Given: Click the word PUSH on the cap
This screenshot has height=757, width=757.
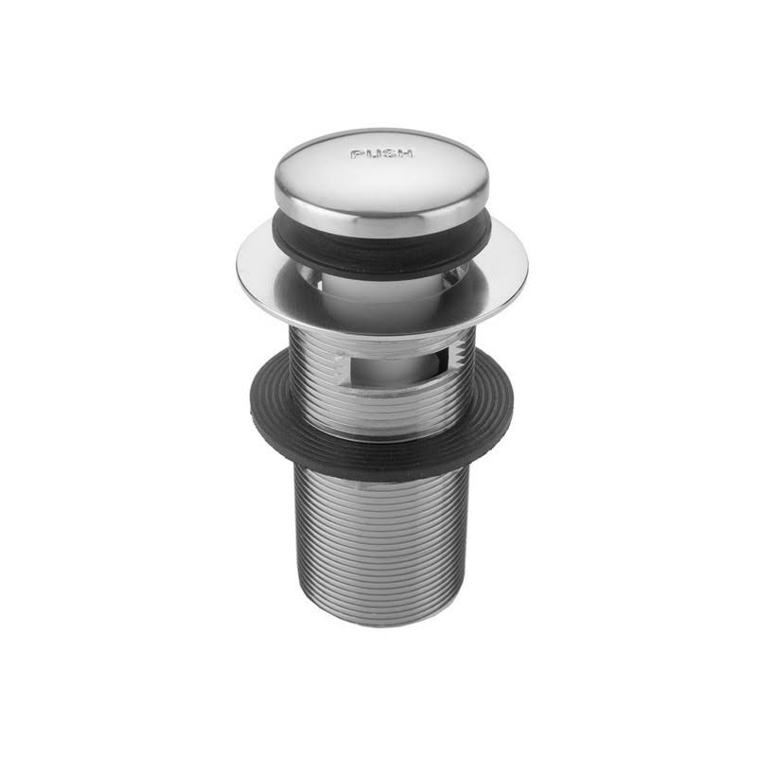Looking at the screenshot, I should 381,153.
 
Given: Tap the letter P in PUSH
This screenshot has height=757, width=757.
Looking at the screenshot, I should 357,153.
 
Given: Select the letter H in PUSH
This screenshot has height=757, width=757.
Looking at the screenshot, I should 406,153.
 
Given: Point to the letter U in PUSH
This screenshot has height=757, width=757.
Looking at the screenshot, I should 373,153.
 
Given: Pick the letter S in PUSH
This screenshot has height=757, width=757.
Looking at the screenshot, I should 389,153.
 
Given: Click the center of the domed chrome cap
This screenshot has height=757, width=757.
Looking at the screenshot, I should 381,175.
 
